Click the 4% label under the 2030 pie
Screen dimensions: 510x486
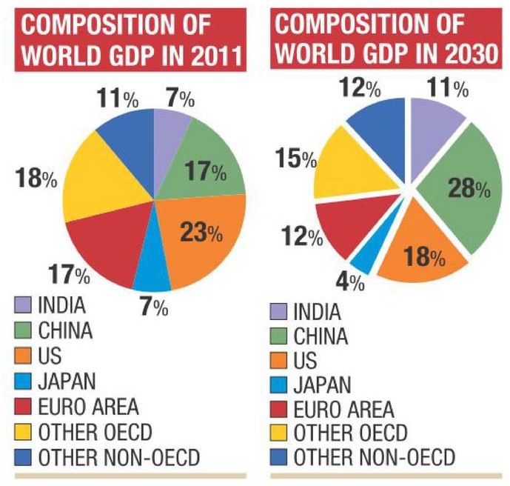[x=350, y=282]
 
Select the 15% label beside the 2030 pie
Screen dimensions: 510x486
[x=296, y=159]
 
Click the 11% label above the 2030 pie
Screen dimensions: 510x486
[x=448, y=87]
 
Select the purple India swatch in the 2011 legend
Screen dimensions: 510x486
[x=23, y=304]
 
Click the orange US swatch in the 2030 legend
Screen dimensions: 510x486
[x=278, y=360]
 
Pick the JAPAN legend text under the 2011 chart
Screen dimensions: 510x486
[x=67, y=382]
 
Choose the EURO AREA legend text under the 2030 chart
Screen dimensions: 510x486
[x=343, y=409]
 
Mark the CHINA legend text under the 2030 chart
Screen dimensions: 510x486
[x=321, y=336]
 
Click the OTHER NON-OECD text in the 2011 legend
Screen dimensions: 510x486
[x=119, y=457]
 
